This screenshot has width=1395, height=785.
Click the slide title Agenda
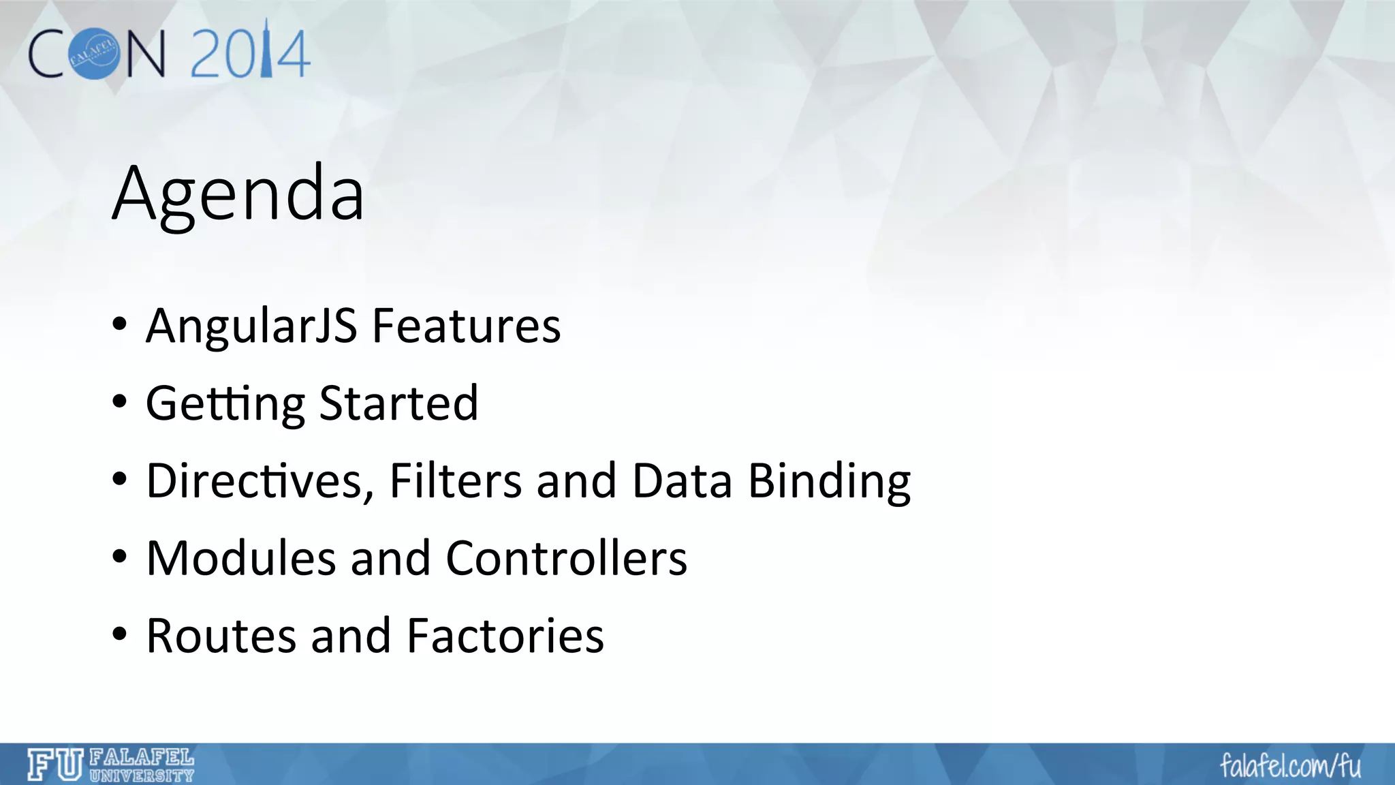pos(238,194)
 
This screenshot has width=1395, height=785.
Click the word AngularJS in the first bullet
pos(251,326)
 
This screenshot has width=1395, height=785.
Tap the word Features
pos(467,326)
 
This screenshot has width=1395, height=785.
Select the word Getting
pos(225,403)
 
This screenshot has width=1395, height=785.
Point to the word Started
pos(398,403)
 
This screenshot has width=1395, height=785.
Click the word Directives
pos(260,481)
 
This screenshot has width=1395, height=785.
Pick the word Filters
pos(456,481)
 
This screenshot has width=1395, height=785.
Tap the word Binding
pos(829,481)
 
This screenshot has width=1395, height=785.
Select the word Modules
pos(241,559)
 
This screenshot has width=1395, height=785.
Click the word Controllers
pos(566,559)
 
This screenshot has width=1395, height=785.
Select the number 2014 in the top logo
pos(250,53)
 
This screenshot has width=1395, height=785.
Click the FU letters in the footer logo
pos(55,765)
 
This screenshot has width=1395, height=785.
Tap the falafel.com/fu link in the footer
pos(1290,766)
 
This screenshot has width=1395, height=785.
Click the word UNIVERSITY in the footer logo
pos(142,775)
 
